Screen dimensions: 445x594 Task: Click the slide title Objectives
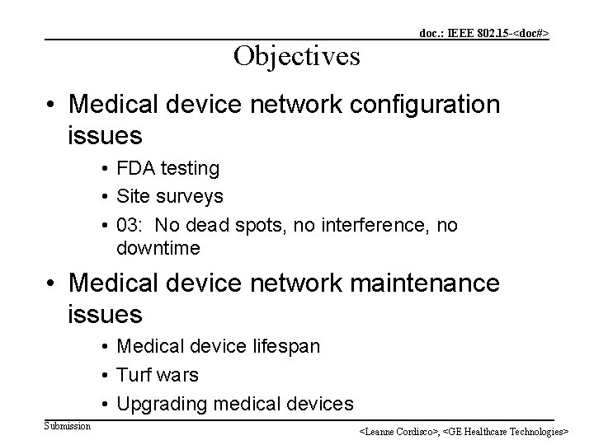pos(296,55)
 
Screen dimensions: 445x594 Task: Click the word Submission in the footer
pos(68,425)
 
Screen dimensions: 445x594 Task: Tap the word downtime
pos(158,248)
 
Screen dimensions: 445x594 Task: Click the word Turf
pos(135,375)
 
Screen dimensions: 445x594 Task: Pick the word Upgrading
pos(162,403)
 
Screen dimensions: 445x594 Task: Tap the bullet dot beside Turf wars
pos(107,376)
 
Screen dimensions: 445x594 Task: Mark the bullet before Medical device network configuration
pos(52,105)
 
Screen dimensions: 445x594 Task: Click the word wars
pos(178,375)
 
